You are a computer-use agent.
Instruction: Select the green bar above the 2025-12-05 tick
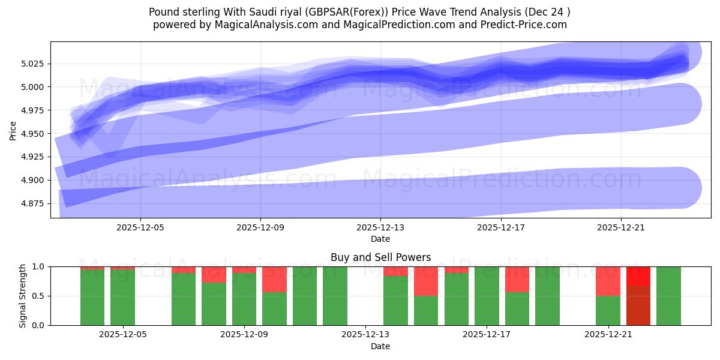[122, 297]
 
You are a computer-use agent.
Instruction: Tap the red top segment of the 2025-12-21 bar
[608, 281]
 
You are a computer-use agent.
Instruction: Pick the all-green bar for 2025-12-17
[487, 296]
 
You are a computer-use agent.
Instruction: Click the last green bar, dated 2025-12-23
[668, 296]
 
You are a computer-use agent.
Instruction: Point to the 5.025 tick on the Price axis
[33, 64]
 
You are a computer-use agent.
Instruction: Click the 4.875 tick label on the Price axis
[33, 204]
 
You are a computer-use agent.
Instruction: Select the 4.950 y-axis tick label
[33, 134]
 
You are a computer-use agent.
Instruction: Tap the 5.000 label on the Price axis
[33, 88]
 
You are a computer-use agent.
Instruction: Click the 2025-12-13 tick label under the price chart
[380, 228]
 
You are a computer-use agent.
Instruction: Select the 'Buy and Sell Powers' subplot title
[380, 257]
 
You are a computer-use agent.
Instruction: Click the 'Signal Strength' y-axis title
[22, 296]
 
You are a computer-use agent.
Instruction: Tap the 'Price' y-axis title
[13, 130]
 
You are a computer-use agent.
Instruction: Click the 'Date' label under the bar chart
[380, 346]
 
